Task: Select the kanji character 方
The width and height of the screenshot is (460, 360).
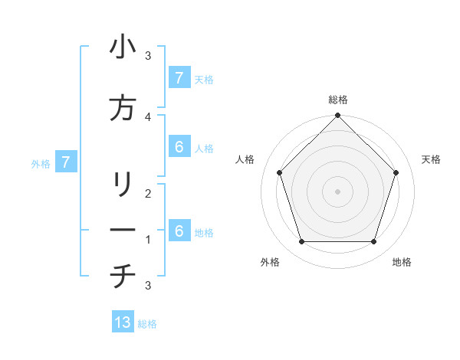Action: [123, 109]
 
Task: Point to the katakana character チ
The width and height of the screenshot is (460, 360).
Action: [123, 277]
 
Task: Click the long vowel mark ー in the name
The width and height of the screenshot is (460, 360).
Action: [123, 231]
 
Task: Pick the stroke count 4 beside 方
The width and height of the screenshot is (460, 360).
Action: [148, 116]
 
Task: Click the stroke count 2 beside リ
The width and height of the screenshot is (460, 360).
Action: [148, 194]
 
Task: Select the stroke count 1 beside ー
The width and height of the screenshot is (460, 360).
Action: [148, 240]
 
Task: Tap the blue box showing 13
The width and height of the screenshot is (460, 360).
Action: [123, 322]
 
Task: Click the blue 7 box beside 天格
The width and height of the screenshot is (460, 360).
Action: [179, 78]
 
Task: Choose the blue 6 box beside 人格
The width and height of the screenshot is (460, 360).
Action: [179, 147]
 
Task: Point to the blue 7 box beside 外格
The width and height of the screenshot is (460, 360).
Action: [66, 162]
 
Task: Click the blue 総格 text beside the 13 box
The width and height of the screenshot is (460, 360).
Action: [147, 324]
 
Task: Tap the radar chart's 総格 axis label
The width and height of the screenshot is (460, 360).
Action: [338, 100]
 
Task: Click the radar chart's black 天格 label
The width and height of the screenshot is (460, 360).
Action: [431, 159]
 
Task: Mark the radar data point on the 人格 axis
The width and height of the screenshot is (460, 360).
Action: [279, 172]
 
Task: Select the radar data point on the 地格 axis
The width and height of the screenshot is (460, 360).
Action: [374, 242]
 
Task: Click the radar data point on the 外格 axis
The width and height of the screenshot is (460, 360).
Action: [301, 242]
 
